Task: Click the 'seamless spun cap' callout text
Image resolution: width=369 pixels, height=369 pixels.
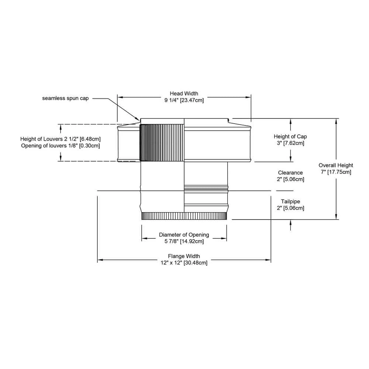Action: coord(65,99)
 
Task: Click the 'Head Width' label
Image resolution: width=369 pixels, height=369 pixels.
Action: coord(184,94)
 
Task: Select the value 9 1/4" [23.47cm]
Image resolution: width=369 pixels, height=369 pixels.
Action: coord(184,100)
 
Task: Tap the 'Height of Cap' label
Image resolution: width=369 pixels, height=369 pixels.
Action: coord(290,137)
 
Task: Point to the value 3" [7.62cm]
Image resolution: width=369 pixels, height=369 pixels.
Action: coord(290,143)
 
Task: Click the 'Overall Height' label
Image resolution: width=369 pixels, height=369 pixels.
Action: coord(336,165)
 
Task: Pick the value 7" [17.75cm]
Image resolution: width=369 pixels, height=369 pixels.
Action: coord(336,172)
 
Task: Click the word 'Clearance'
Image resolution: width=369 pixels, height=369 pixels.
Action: coord(290,173)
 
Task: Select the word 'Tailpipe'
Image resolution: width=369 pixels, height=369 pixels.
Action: coord(290,201)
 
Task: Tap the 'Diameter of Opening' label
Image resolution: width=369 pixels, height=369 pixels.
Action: coord(184,235)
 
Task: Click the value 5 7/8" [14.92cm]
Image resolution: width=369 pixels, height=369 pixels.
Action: coord(184,241)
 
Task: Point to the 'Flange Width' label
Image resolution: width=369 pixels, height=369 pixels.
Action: coord(184,256)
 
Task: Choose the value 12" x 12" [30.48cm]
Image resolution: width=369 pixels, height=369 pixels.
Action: coord(184,263)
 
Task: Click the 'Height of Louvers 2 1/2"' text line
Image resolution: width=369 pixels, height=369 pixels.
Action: coord(61,139)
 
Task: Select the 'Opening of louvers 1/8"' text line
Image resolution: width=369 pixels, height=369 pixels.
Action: coord(61,146)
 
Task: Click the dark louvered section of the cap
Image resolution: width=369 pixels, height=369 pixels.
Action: coord(162,143)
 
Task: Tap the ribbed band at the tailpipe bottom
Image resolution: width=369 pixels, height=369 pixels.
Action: coord(184,216)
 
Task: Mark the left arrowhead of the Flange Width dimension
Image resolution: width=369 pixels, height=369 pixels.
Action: coord(100,260)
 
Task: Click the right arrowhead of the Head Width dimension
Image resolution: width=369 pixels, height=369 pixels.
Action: coord(248,97)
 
